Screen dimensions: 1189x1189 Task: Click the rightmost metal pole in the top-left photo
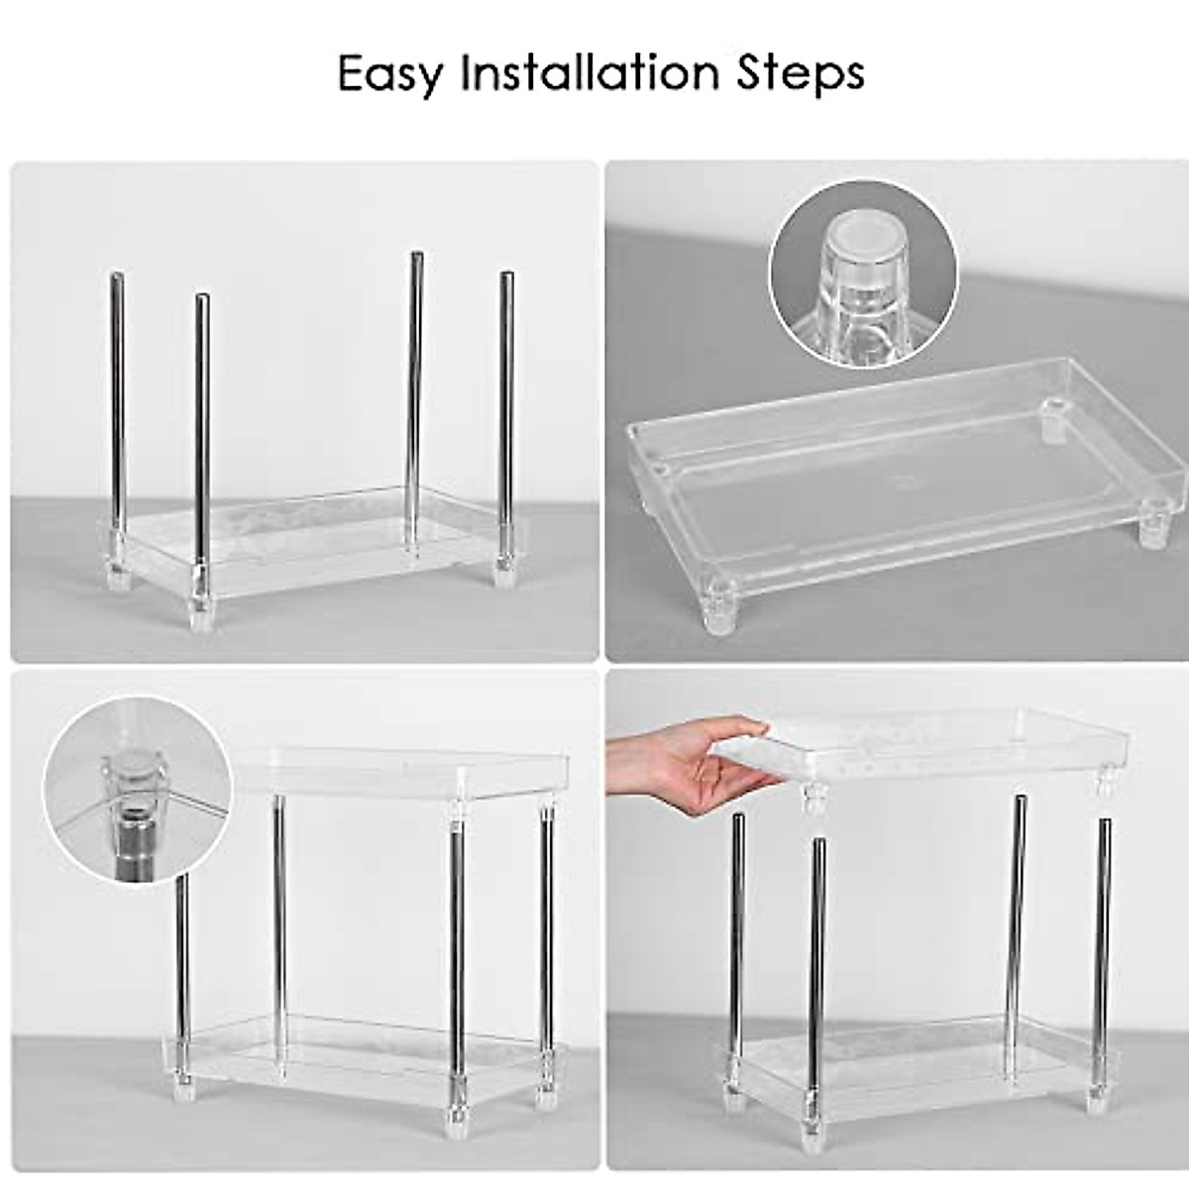point(505,416)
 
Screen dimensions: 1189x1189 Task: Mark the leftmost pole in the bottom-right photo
point(737,951)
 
